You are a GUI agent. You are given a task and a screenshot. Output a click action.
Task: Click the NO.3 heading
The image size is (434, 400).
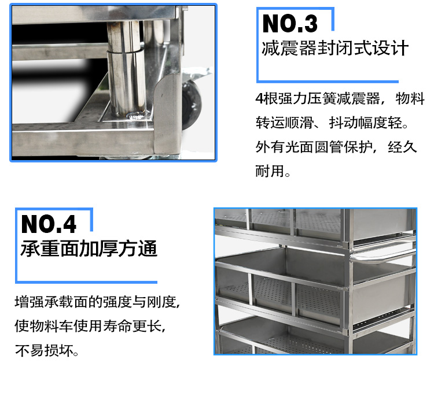click(290, 24)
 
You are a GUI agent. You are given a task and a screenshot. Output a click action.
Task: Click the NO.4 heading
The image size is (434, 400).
click(49, 224)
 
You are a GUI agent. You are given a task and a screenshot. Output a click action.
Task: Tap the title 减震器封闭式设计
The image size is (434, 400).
click(335, 48)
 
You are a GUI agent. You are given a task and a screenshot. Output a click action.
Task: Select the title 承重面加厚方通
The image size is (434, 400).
click(89, 248)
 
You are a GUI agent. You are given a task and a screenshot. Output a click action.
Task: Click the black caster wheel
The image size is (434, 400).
click(191, 105)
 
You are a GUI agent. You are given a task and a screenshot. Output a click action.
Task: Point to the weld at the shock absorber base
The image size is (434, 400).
click(135, 115)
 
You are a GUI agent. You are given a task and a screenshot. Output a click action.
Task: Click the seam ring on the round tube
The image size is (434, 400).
click(125, 51)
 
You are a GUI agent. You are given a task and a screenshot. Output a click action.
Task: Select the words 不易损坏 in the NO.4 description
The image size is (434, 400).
click(45, 350)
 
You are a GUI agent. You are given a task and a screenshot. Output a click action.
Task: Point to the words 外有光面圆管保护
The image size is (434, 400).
click(314, 146)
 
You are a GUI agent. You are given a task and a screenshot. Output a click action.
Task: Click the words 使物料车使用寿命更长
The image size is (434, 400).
click(88, 326)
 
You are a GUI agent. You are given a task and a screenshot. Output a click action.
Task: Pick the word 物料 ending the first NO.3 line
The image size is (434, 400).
click(410, 98)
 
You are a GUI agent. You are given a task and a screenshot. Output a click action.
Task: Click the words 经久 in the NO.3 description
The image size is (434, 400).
click(402, 146)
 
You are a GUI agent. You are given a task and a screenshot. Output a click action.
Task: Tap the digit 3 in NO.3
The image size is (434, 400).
click(311, 24)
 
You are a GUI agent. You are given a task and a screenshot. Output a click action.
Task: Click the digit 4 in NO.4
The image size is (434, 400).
click(69, 224)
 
